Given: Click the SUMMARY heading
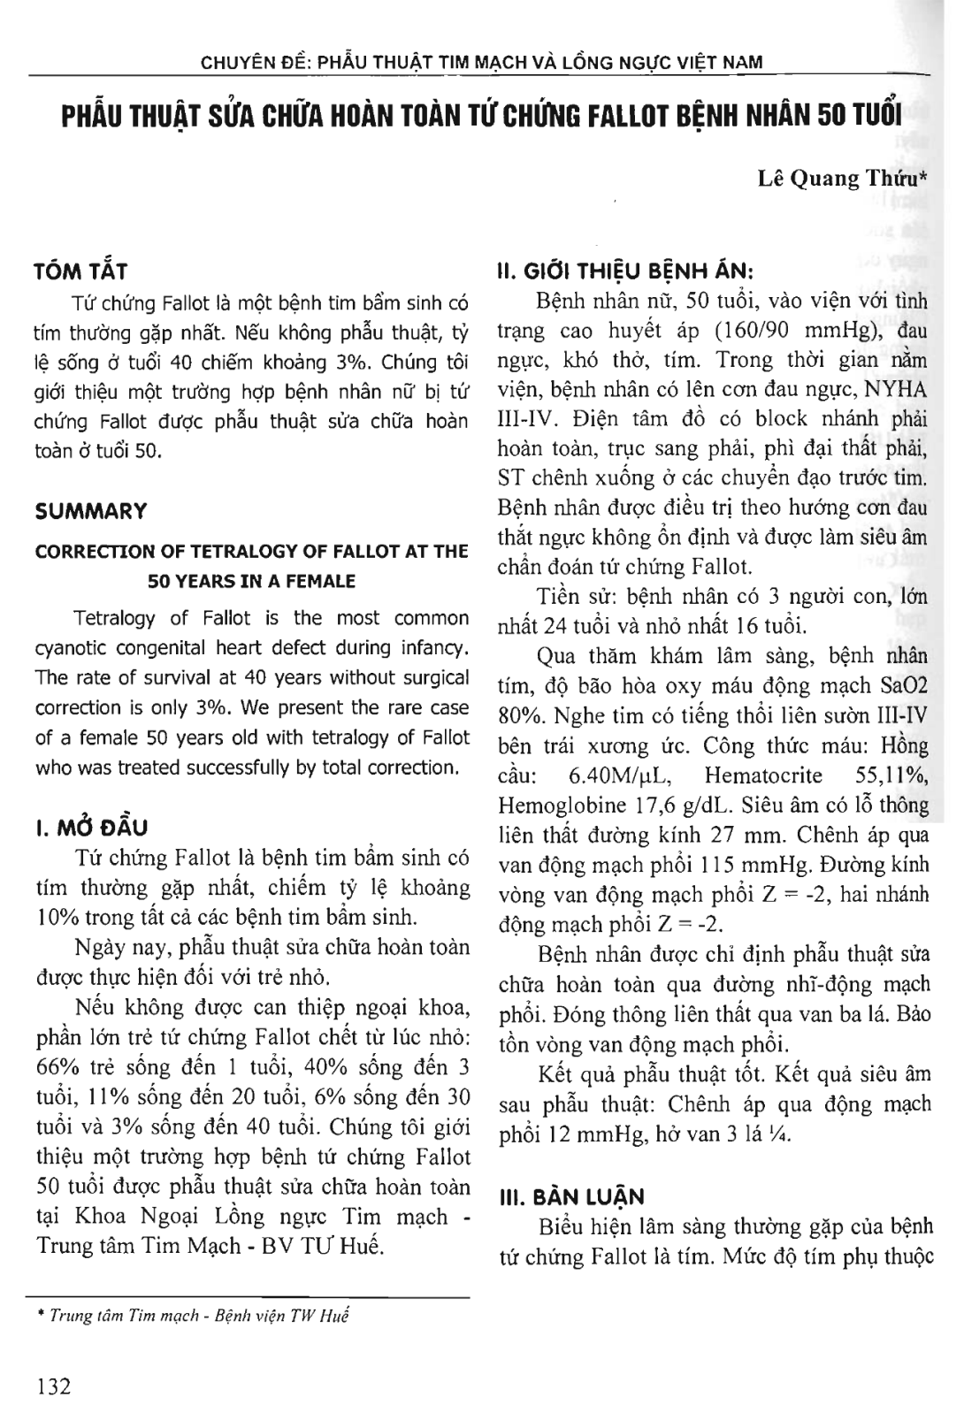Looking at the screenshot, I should point(90,511).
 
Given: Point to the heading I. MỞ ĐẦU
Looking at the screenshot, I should point(90,828).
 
